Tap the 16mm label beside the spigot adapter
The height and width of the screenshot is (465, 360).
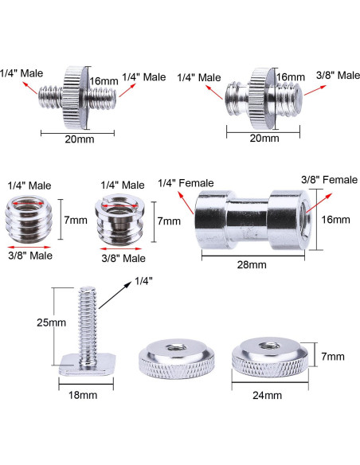tap(340, 219)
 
